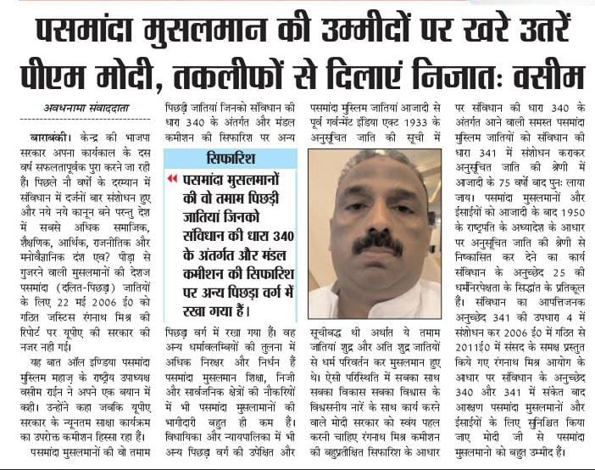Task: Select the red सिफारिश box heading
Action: click(230, 159)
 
